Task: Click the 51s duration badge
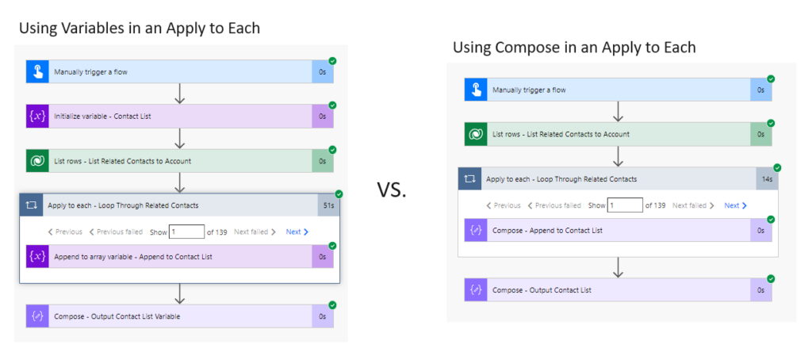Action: click(x=328, y=205)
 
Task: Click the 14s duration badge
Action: click(x=767, y=179)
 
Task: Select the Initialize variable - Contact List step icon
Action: click(x=37, y=117)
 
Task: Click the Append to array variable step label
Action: click(x=132, y=257)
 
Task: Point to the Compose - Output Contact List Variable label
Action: click(x=117, y=316)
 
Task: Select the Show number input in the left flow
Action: click(x=186, y=232)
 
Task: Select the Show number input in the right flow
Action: click(x=625, y=205)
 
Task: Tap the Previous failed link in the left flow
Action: click(x=116, y=232)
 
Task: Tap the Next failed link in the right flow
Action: click(x=693, y=205)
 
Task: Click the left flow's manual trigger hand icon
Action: click(x=37, y=72)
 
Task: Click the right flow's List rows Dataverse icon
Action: click(x=476, y=135)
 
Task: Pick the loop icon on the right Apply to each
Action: click(x=470, y=179)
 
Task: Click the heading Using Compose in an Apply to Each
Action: click(x=574, y=48)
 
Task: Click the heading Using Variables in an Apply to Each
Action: click(x=140, y=29)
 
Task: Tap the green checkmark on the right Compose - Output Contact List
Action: click(x=771, y=278)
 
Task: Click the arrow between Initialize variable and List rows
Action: click(x=180, y=139)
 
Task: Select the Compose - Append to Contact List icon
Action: click(x=476, y=230)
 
